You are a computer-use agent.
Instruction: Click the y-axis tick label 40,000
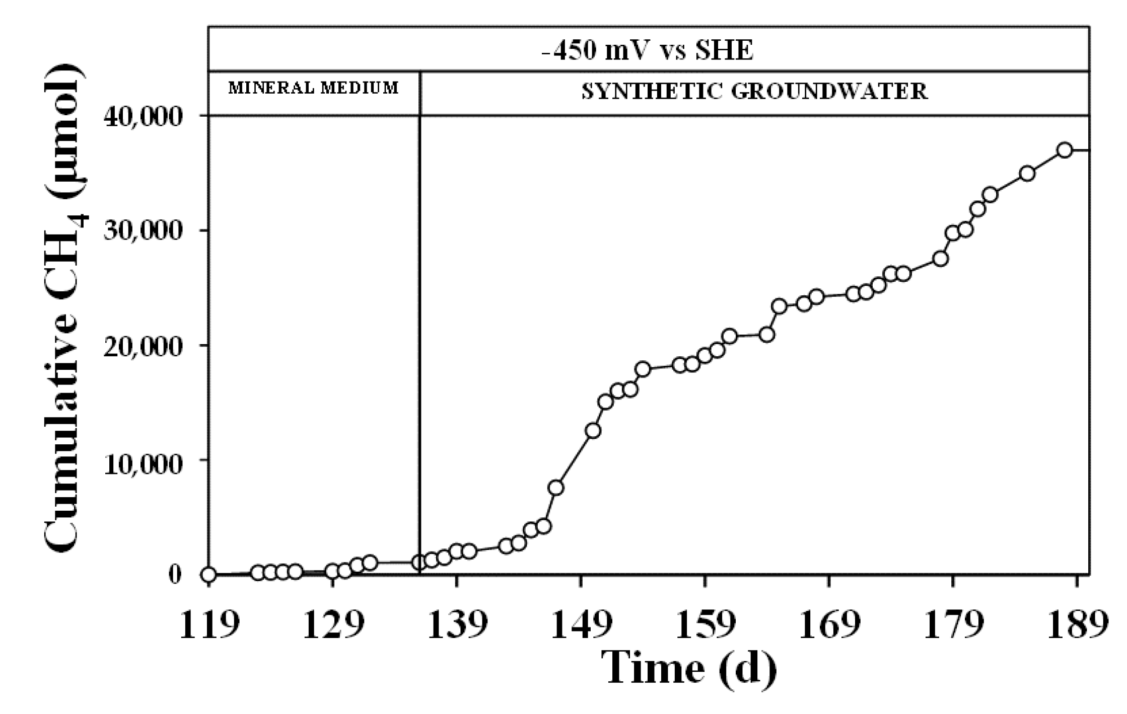point(142,117)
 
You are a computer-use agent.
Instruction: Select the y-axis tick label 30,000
point(142,231)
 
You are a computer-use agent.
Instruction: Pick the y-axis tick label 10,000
point(142,461)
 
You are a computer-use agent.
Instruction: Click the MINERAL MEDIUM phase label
point(313,89)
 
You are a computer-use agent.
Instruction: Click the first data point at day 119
point(209,575)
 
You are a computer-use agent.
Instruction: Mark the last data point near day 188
point(1065,150)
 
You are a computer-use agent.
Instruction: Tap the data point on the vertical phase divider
point(419,563)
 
